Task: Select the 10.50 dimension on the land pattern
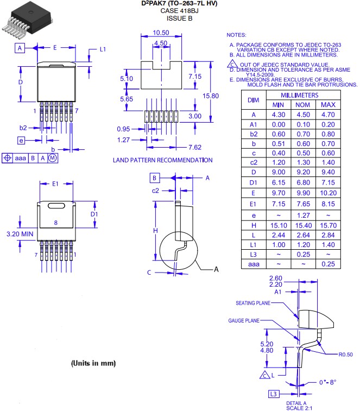(x=160, y=33)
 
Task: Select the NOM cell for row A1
(x=302, y=125)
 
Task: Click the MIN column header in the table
(x=278, y=104)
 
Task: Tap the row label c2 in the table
(x=253, y=162)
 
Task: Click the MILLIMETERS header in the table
(x=303, y=95)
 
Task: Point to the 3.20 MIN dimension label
(x=20, y=234)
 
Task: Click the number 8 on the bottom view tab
(x=55, y=223)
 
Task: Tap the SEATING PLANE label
(x=253, y=303)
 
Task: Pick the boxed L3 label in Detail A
(x=274, y=394)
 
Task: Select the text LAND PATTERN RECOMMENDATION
(x=162, y=160)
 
